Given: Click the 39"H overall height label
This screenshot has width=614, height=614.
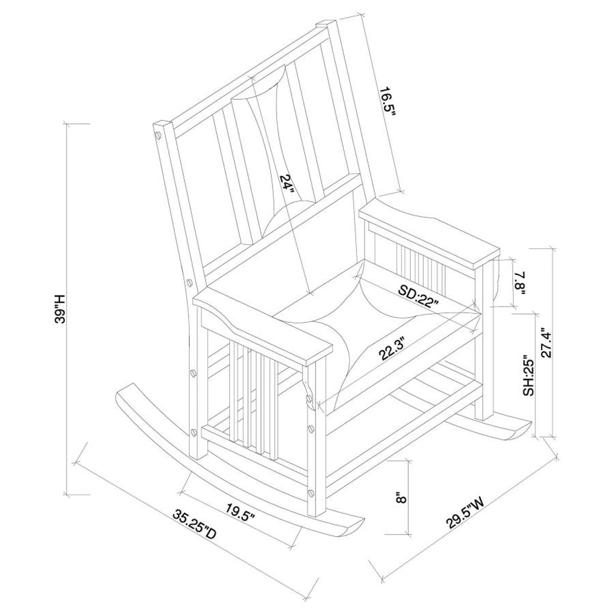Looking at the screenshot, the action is point(59,309).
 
